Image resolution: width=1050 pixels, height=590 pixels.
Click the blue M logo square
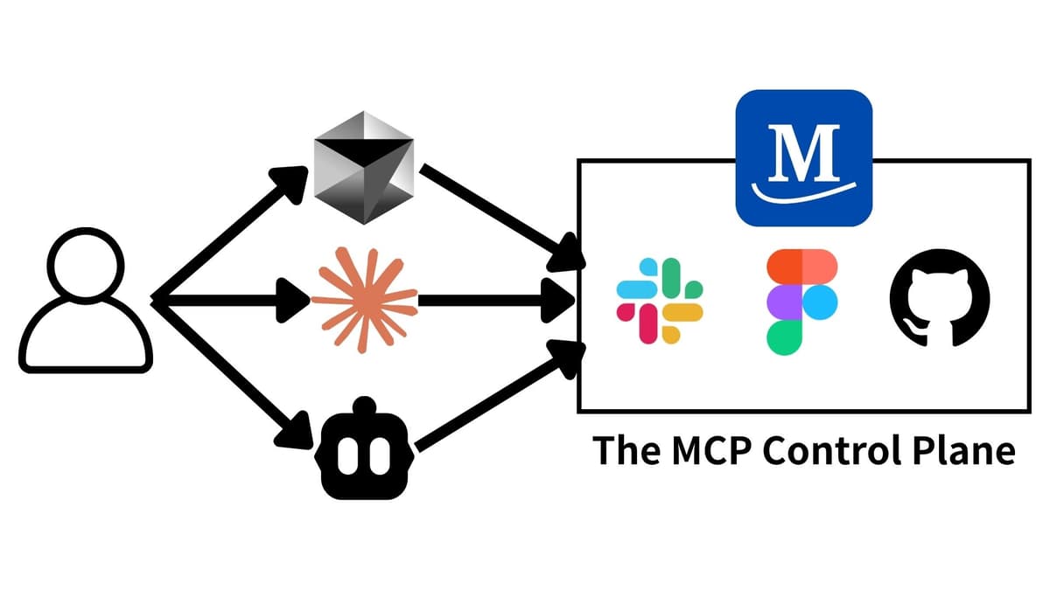(803, 158)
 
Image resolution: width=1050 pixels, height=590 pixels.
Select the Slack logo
(660, 300)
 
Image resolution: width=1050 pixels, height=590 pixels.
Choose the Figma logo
(801, 302)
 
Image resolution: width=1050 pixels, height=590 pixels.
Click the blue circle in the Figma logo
(819, 302)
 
